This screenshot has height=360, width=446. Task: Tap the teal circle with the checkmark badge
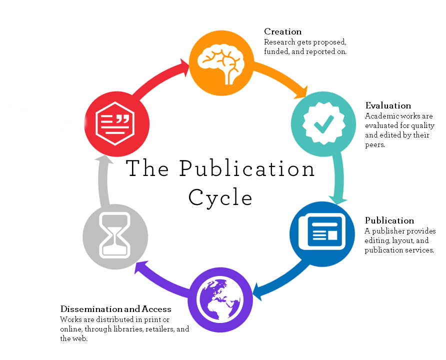(x=323, y=123)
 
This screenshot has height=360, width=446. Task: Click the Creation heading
(x=282, y=32)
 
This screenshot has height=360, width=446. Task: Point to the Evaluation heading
(x=388, y=105)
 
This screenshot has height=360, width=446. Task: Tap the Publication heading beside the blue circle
(x=389, y=220)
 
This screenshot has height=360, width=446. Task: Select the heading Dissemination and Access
(x=116, y=309)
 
